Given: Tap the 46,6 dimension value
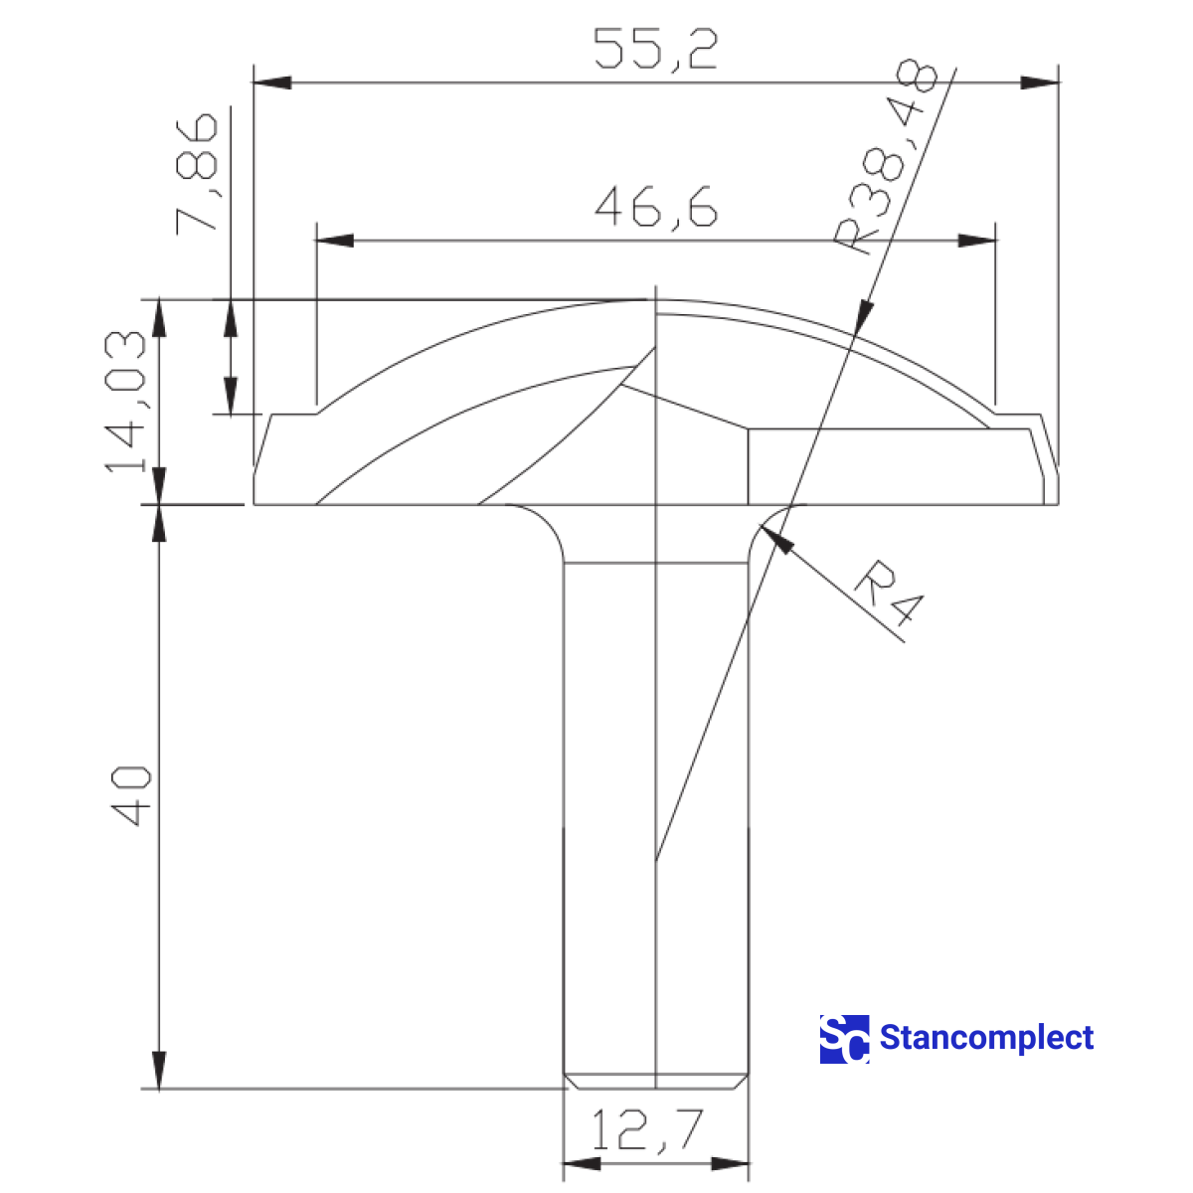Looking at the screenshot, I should pos(655,208).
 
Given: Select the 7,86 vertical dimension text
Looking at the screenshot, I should pos(196,172).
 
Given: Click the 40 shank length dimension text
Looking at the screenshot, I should pos(130,795).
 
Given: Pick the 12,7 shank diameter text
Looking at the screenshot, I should pos(647,1130).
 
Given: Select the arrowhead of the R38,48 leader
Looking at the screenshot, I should pos(865,315).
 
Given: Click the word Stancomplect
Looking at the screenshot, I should pos(986,1038).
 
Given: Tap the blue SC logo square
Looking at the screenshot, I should pos(844,1039).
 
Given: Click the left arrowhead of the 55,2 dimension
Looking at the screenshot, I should pos(272,82).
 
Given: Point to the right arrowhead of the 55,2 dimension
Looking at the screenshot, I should pos(1039,82).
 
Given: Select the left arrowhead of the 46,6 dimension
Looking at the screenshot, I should pos(335,241).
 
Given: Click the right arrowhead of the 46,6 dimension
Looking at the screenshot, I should pos(976,241).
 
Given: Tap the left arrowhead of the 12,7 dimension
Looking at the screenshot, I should pos(583,1164).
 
